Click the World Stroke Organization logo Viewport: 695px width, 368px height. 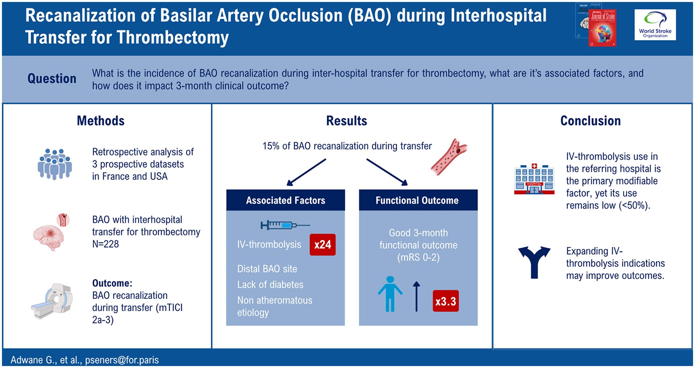(x=655, y=25)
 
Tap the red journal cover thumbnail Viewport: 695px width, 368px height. (x=602, y=28)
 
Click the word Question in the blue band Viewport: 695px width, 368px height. (x=52, y=79)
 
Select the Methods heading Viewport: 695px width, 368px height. (x=100, y=121)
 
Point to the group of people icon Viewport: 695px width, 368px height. (x=55, y=164)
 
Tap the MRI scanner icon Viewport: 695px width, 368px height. (x=52, y=301)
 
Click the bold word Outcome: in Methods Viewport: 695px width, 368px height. (x=112, y=283)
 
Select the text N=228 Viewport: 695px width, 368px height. (x=105, y=244)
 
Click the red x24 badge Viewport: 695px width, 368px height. (x=322, y=245)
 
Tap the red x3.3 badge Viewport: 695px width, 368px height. (x=446, y=301)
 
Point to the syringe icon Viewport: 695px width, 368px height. (x=285, y=225)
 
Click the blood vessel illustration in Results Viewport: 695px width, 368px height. (x=449, y=157)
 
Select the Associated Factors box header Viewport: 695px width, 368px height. (x=286, y=200)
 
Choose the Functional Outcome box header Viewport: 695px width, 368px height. (x=418, y=200)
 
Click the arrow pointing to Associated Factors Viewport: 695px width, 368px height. (x=306, y=172)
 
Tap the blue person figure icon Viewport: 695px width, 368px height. (x=390, y=294)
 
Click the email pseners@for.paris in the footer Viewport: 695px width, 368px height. (x=122, y=360)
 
